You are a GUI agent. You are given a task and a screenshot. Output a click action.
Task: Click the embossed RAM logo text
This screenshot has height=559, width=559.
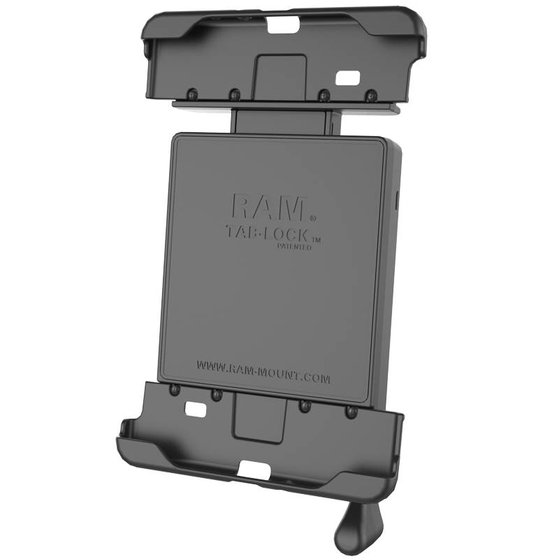coord(268,206)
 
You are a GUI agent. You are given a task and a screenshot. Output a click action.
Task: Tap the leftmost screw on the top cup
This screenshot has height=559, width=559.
coord(191,92)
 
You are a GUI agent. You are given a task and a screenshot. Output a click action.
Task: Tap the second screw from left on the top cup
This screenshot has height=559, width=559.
coord(235,92)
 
